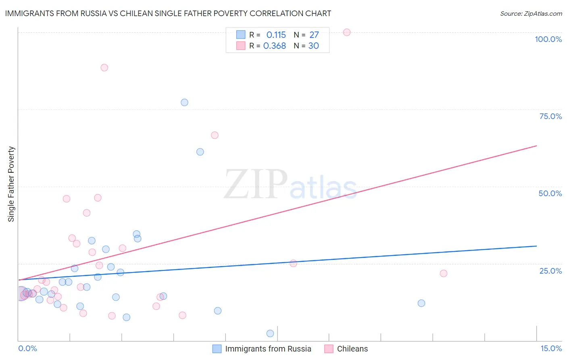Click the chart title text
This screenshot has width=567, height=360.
[168, 13]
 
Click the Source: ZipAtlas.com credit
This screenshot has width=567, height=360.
[531, 13]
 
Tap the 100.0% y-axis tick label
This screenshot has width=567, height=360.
[548, 39]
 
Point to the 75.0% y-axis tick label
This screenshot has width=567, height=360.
[550, 116]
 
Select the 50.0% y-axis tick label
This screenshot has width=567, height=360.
[550, 193]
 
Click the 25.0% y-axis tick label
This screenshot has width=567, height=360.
[550, 271]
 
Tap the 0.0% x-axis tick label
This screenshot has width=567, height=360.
[27, 348]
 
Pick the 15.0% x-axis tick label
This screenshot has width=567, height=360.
[551, 348]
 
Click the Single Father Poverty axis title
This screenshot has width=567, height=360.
[11, 184]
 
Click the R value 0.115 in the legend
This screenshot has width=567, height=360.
[276, 35]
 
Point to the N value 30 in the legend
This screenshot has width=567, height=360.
[313, 46]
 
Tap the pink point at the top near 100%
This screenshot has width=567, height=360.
[347, 32]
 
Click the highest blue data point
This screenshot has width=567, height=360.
[184, 103]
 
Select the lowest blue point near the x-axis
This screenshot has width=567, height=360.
[270, 333]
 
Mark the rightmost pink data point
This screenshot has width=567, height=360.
[444, 273]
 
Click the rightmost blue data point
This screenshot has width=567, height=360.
[421, 303]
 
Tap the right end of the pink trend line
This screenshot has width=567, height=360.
[536, 145]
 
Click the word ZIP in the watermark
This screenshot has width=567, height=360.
[255, 184]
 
